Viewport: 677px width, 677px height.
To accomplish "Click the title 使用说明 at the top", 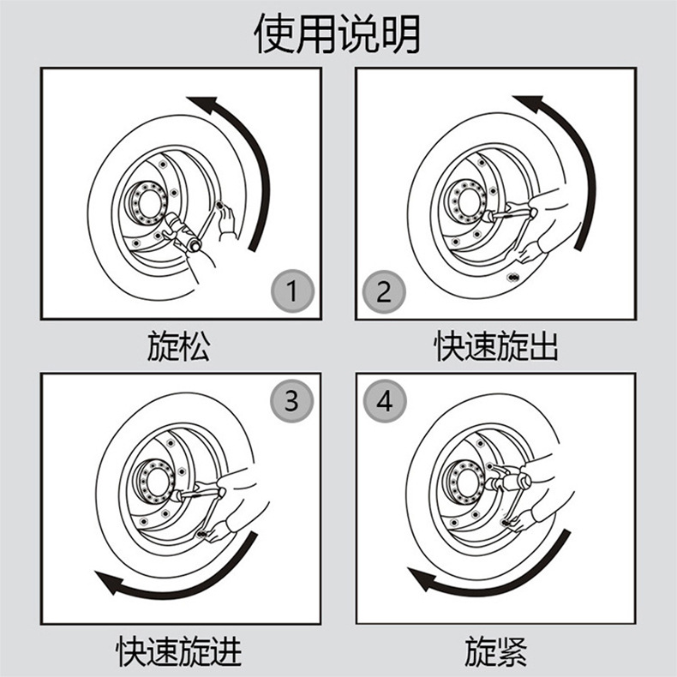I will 338,33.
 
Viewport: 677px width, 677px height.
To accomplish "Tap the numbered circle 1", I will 292,292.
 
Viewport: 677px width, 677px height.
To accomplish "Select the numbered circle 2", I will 383,292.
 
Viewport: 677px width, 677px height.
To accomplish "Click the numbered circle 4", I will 383,400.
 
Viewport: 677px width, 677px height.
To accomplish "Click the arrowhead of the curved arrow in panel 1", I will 198,105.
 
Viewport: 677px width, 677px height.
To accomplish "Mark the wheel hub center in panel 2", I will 464,204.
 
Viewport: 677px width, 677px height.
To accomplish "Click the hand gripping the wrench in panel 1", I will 226,220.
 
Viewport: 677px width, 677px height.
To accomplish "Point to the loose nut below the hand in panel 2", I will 513,276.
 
